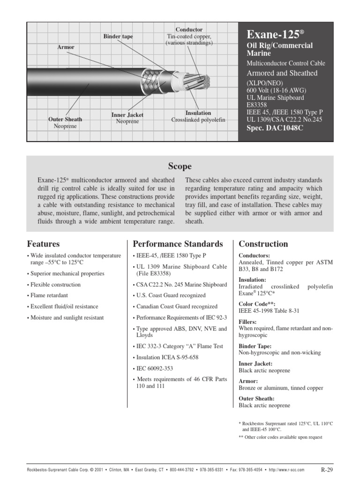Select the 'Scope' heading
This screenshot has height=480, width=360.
click(180, 166)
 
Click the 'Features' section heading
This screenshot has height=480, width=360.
click(44, 244)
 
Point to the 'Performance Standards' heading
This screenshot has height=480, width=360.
click(178, 244)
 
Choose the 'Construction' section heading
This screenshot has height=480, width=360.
click(263, 244)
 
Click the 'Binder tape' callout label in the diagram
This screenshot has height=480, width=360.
click(118, 36)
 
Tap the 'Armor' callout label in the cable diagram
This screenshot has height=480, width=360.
click(66, 47)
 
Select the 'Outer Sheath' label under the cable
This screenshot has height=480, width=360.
click(65, 120)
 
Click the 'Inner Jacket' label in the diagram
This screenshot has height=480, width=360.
click(127, 115)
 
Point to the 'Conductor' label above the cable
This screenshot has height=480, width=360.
click(189, 30)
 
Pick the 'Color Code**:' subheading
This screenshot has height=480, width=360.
click(256, 303)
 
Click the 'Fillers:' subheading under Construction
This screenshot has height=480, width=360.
click(247, 322)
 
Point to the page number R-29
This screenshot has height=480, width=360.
click(327, 469)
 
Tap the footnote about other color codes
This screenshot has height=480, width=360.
click(280, 437)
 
